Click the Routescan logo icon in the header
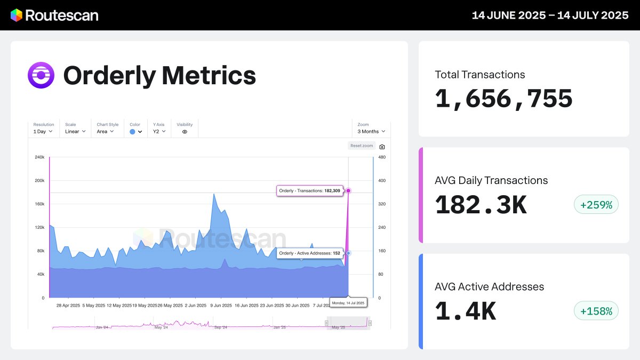point(17,15)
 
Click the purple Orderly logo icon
point(41,75)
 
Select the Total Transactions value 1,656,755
point(503,99)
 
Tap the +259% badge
point(596,204)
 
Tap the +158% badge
point(596,310)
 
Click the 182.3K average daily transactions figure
point(481,205)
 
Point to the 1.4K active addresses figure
point(465,311)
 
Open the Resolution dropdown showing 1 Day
point(43,131)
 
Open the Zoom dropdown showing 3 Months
point(371,131)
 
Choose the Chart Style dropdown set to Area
point(105,131)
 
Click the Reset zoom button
point(361,146)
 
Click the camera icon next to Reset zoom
point(382,147)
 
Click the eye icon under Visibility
point(185,132)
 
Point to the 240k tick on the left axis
point(39,157)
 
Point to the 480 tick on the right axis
point(382,157)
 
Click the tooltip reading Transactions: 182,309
point(309,190)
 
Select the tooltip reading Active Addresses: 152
point(309,253)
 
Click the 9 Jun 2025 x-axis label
point(220,306)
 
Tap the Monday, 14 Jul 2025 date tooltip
point(348,303)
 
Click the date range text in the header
point(550,15)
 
